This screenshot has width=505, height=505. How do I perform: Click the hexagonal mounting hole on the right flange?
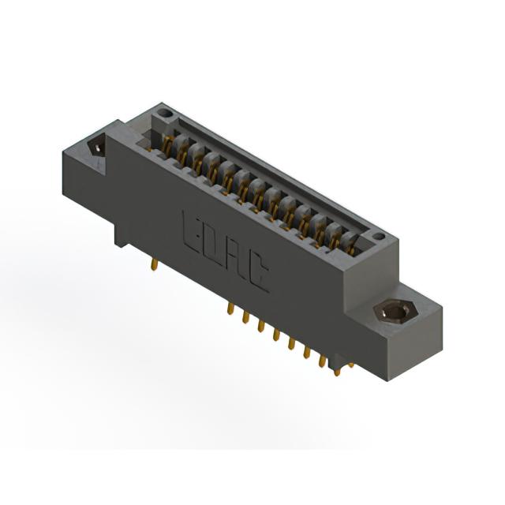[395, 312]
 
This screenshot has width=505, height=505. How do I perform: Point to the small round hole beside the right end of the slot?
[379, 237]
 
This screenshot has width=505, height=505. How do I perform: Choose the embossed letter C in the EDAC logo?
[259, 275]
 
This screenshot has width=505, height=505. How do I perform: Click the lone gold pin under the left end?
[155, 264]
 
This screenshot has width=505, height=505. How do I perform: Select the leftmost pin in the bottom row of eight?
[230, 309]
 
